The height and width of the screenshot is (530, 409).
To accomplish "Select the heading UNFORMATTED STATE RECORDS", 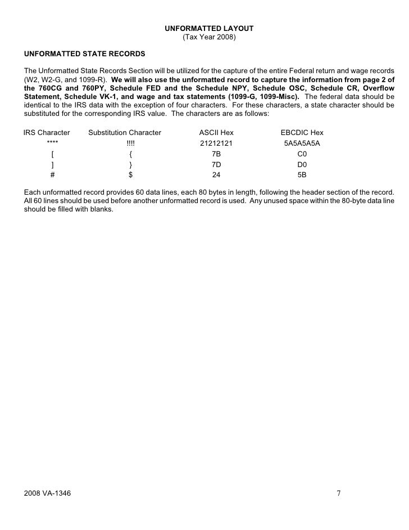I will pyautogui.click(x=84, y=54).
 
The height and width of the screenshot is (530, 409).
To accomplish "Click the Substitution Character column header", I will pyautogui.click(x=125, y=133).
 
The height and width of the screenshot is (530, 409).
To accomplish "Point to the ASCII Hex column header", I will pyautogui.click(x=216, y=133).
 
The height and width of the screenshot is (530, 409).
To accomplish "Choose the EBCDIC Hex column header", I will pyautogui.click(x=302, y=133).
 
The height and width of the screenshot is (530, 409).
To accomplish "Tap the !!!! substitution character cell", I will pyautogui.click(x=130, y=143).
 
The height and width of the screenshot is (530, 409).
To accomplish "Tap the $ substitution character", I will pyautogui.click(x=130, y=174).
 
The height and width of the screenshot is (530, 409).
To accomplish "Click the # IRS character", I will pyautogui.click(x=52, y=174).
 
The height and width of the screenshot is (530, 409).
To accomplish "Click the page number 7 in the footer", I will pyautogui.click(x=338, y=493).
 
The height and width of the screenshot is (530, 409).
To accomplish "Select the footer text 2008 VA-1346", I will pyautogui.click(x=48, y=493).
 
